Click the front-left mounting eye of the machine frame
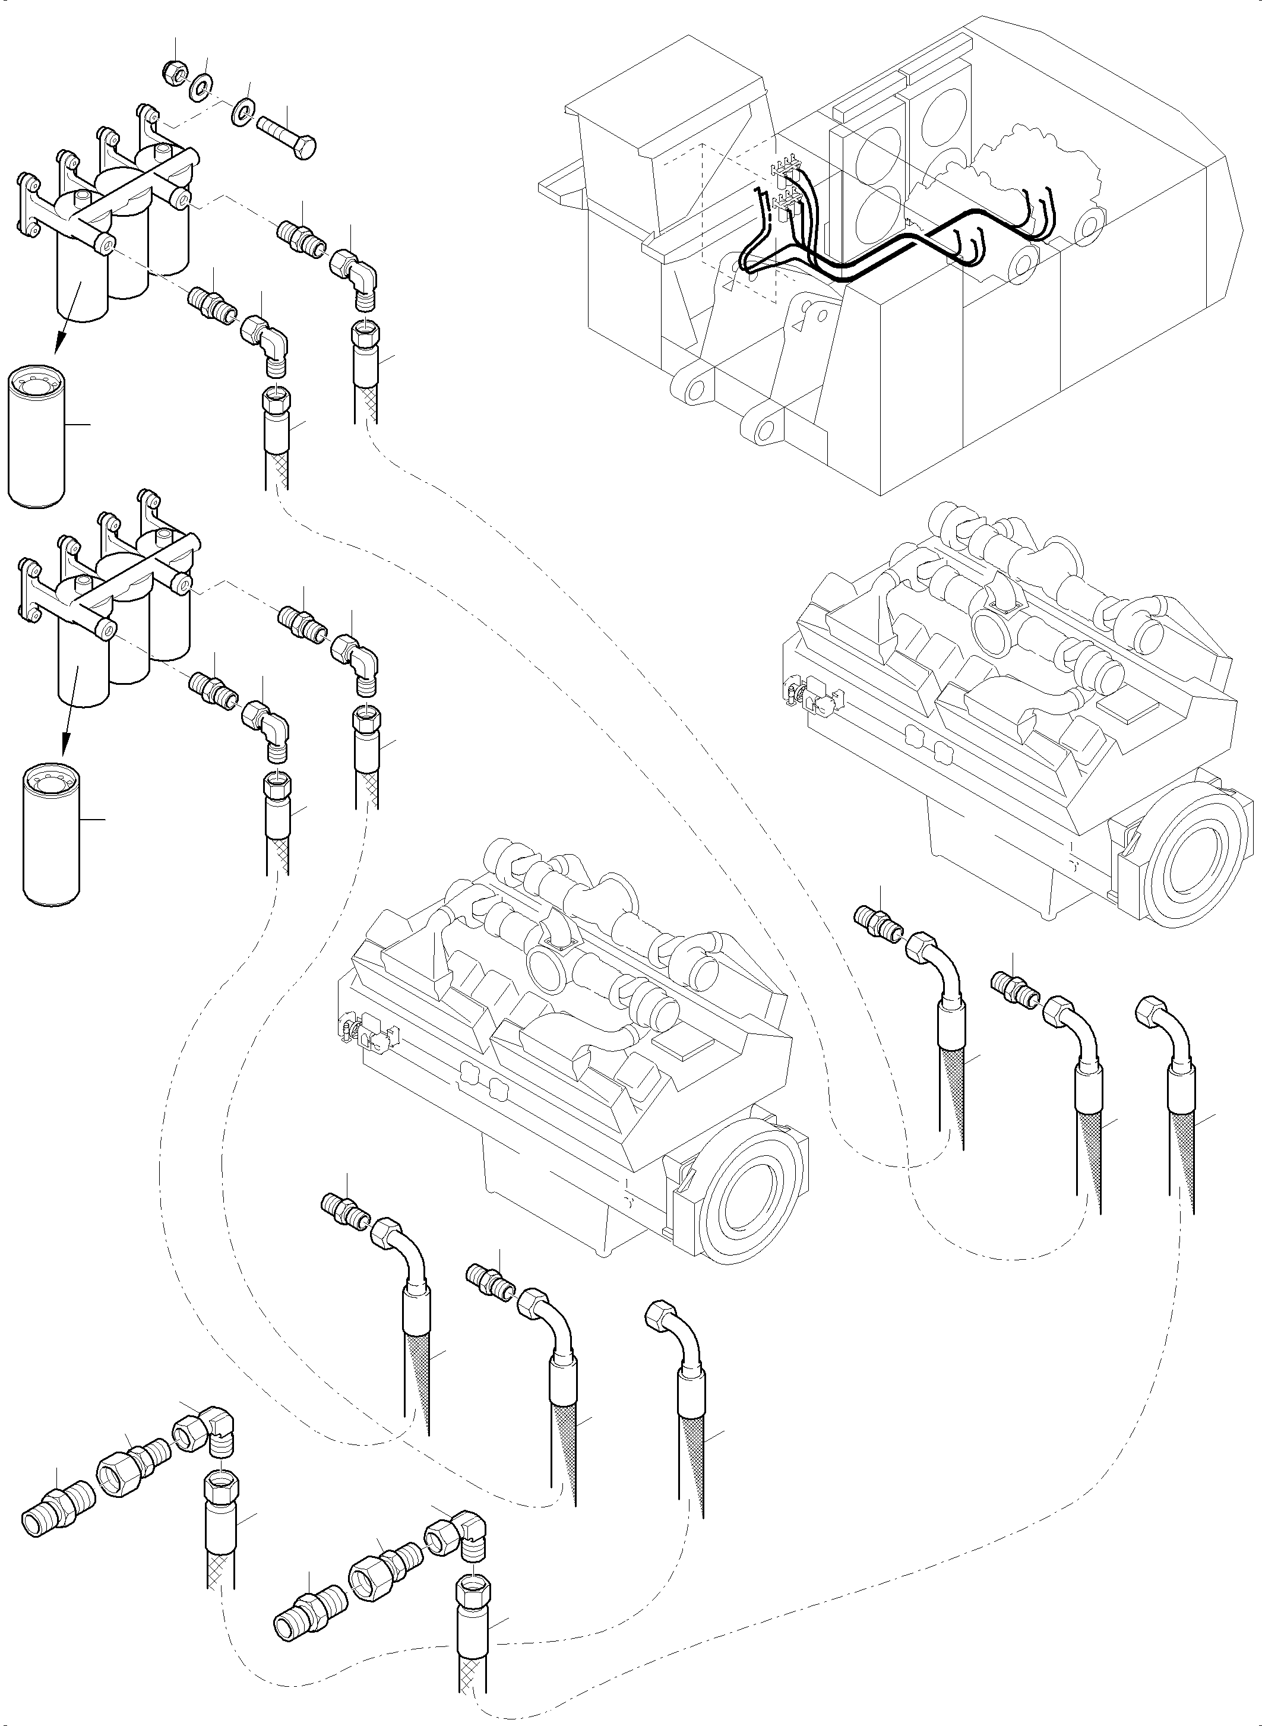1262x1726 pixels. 694,390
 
